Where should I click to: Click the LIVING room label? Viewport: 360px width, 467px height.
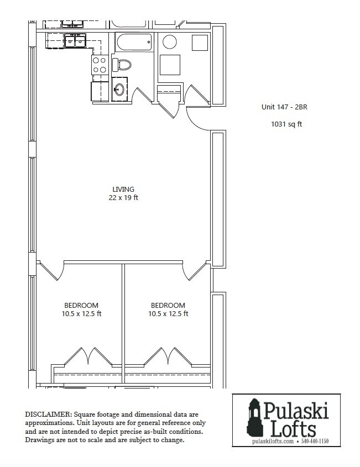tap(123, 189)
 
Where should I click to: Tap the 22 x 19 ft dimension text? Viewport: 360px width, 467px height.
tap(123, 198)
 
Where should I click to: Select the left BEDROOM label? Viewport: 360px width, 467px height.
tap(81, 305)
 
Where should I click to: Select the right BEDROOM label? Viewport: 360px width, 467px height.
tap(168, 305)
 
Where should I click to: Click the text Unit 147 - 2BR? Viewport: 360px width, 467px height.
tap(284, 107)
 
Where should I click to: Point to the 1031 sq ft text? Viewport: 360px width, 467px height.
tap(286, 124)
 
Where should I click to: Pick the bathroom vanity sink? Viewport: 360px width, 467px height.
tap(119, 89)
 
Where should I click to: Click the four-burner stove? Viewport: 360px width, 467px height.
tap(100, 65)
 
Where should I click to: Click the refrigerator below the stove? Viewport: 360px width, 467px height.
tap(100, 91)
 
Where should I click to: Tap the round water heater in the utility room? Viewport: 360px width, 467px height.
tap(169, 42)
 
